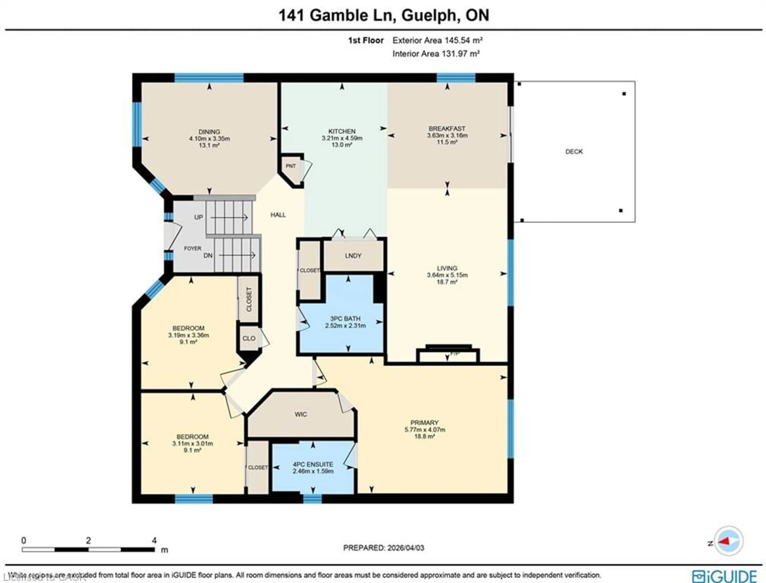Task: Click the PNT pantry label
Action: [290, 166]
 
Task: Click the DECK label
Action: [574, 152]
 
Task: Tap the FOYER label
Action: [192, 248]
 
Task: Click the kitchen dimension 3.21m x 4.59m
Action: [342, 138]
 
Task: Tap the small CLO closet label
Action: [249, 338]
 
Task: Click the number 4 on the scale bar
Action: [154, 540]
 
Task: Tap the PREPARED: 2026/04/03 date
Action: [384, 548]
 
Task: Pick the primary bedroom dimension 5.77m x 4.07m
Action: [424, 430]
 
